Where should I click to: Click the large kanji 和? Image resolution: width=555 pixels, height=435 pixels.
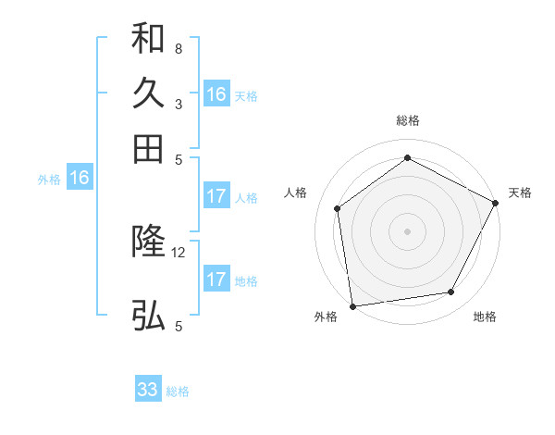tap(148, 40)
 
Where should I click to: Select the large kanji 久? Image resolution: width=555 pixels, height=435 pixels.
tap(148, 93)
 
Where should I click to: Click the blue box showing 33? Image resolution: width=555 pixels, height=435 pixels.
tap(148, 390)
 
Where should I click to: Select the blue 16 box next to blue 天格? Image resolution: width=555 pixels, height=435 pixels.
tap(216, 94)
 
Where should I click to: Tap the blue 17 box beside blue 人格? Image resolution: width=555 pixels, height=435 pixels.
tap(216, 196)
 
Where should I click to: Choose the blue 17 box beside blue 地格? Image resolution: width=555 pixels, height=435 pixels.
tap(216, 280)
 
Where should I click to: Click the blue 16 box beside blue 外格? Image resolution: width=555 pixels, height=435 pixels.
tap(80, 178)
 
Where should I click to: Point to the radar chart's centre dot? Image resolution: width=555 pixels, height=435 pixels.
tap(407, 230)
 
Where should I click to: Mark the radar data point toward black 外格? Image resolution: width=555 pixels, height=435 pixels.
tap(352, 305)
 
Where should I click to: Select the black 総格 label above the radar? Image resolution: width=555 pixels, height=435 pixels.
tap(407, 120)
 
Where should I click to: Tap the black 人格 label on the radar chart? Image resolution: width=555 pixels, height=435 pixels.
tap(296, 193)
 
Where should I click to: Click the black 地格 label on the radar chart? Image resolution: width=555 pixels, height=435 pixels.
tap(485, 317)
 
